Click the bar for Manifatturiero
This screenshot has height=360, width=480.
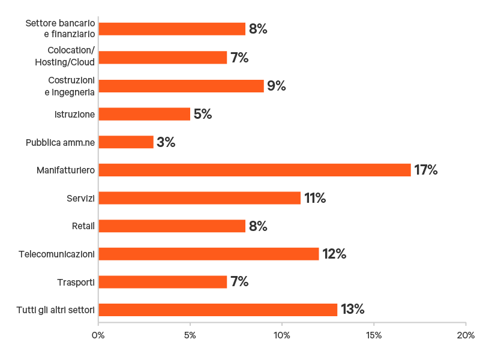click(x=254, y=170)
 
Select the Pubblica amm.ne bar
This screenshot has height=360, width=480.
click(x=126, y=142)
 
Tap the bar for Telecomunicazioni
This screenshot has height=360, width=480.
click(x=209, y=254)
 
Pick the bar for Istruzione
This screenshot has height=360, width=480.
click(x=145, y=114)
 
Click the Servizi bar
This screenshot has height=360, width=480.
click(x=199, y=198)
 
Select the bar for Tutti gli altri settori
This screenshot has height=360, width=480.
click(x=218, y=310)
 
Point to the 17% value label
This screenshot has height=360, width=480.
click(x=426, y=170)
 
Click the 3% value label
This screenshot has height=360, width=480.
click(x=166, y=142)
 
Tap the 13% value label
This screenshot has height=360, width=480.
click(x=353, y=310)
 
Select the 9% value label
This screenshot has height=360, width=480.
click(x=277, y=86)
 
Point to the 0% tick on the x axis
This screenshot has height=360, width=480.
click(x=98, y=335)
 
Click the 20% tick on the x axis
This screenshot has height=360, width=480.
click(x=466, y=335)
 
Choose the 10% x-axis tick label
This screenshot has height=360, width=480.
click(x=282, y=335)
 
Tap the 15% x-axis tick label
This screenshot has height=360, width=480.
click(x=374, y=335)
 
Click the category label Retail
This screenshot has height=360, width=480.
click(x=83, y=226)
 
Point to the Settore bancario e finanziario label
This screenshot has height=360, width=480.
click(x=60, y=29)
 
